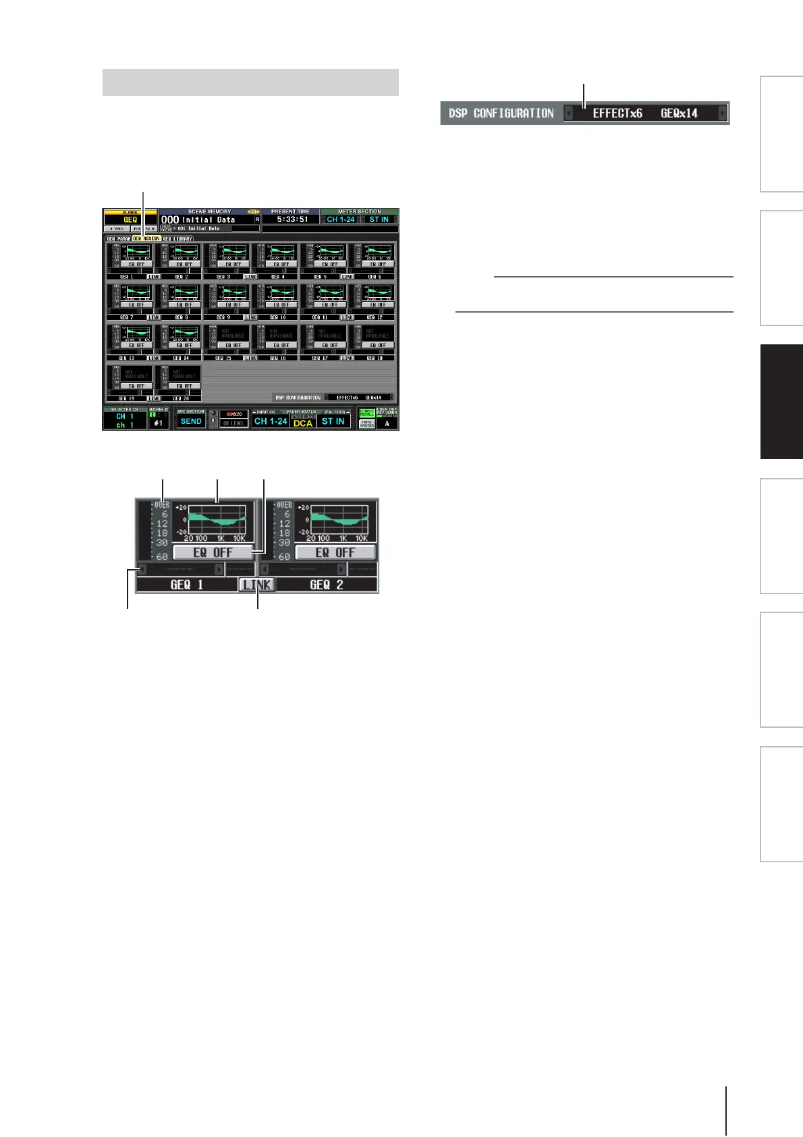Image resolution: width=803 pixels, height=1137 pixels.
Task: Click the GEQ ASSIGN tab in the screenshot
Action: [146, 238]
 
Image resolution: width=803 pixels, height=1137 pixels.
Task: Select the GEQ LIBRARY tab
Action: [177, 238]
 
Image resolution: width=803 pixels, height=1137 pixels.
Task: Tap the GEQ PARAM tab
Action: [118, 238]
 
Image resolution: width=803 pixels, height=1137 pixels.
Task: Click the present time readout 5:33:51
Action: [292, 219]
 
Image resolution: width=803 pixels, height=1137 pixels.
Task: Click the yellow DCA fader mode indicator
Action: [302, 423]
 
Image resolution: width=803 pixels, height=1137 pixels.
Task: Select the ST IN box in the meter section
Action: [379, 219]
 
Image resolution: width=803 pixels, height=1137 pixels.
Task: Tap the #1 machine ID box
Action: [158, 423]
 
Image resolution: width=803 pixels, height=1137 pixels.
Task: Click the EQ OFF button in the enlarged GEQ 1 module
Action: [213, 552]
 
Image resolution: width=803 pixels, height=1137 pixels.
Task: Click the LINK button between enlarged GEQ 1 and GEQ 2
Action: [257, 585]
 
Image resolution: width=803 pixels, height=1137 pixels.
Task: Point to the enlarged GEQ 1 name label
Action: [186, 585]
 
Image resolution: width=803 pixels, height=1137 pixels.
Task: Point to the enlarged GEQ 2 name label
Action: [326, 585]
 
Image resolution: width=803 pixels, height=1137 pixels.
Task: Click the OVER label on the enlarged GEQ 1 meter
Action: [161, 504]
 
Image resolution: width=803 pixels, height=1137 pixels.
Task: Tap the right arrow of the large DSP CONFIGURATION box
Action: [723, 113]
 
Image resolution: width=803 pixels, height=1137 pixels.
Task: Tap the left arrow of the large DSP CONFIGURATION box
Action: [568, 113]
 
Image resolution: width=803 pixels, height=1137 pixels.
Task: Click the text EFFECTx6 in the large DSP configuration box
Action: [617, 113]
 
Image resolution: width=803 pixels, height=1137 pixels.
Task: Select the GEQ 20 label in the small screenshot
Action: [177, 398]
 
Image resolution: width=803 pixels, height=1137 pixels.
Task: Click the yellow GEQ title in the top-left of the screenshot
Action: [130, 219]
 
